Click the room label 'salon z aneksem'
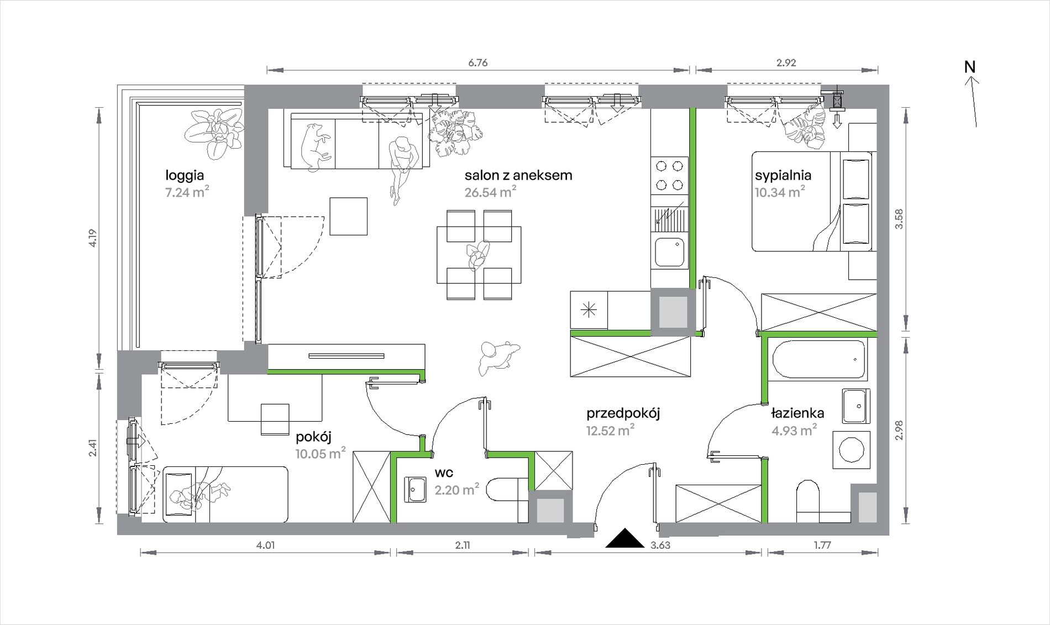point(518,175)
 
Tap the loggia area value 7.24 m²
point(187,192)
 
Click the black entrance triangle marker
point(624,538)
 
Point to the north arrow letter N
point(969,67)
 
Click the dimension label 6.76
point(478,62)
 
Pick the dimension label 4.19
point(92,238)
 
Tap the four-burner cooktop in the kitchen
point(669,175)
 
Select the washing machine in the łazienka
point(851,450)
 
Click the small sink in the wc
point(415,490)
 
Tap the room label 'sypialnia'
point(783,175)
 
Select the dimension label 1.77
point(822,545)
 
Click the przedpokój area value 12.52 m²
point(610,430)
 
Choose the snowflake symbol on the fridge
point(589,310)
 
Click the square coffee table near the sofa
point(349,216)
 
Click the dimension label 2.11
point(463,545)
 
